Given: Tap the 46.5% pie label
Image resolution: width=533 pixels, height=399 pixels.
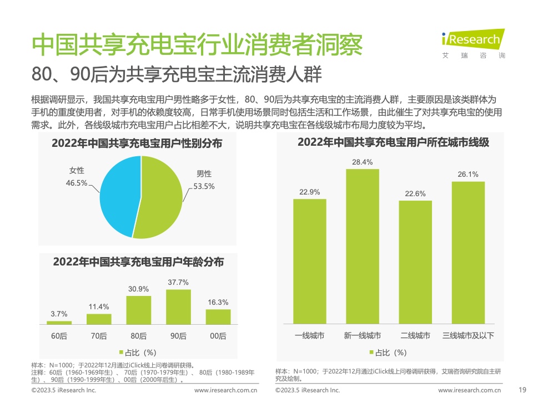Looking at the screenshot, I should (x=77, y=183).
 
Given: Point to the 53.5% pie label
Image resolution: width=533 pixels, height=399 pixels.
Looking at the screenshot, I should (x=204, y=186).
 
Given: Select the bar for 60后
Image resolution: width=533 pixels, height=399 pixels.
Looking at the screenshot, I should (x=59, y=322).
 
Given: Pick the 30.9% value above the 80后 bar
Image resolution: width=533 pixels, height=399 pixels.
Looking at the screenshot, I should (x=139, y=289).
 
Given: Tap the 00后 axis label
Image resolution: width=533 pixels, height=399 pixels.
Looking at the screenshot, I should (x=218, y=336).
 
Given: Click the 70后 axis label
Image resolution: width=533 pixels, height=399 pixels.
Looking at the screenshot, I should (x=99, y=336).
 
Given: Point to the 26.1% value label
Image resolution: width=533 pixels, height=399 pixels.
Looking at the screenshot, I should (x=468, y=175).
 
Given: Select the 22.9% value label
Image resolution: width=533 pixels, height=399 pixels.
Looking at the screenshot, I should (x=310, y=192).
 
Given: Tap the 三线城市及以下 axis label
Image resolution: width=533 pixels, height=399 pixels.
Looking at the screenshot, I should (x=468, y=336).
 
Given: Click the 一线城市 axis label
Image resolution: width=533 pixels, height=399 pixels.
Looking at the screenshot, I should (x=310, y=336).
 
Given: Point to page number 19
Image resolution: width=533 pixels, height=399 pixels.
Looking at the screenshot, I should (x=521, y=390).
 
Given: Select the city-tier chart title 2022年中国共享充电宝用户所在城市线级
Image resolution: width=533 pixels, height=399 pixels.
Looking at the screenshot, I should (x=393, y=142).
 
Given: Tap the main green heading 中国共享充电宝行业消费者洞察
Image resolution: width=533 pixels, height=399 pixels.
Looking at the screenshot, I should (x=197, y=45).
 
